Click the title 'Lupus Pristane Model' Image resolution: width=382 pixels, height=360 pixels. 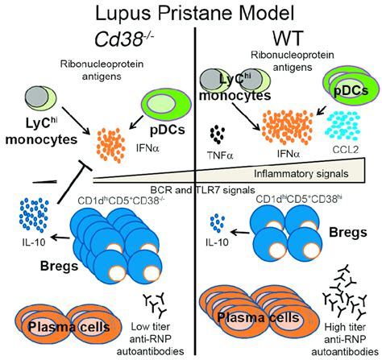click(x=190, y=14)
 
